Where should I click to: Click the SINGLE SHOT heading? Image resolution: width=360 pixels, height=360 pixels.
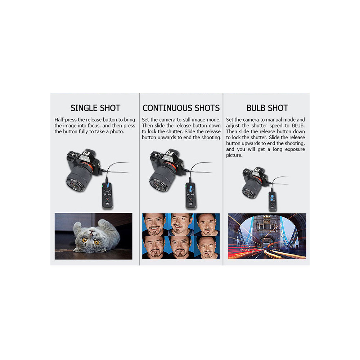point(95,108)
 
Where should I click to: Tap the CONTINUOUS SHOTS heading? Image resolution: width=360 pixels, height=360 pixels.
point(181,108)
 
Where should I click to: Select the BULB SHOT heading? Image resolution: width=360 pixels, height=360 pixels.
point(267,108)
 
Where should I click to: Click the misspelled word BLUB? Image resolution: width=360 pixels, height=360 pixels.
point(298,126)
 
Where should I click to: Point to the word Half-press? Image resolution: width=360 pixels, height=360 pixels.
point(66,120)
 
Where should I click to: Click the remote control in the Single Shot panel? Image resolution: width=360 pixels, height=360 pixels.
point(107,195)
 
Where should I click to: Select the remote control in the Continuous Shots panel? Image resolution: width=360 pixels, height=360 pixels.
point(191,196)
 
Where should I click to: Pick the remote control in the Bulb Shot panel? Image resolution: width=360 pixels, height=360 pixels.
point(273,201)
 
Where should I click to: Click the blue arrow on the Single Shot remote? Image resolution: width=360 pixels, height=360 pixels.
point(108,185)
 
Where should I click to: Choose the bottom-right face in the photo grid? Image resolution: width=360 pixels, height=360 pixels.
point(207,248)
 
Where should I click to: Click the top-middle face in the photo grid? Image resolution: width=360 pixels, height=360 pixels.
point(181,224)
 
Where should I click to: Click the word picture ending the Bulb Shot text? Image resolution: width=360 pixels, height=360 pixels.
point(234,156)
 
